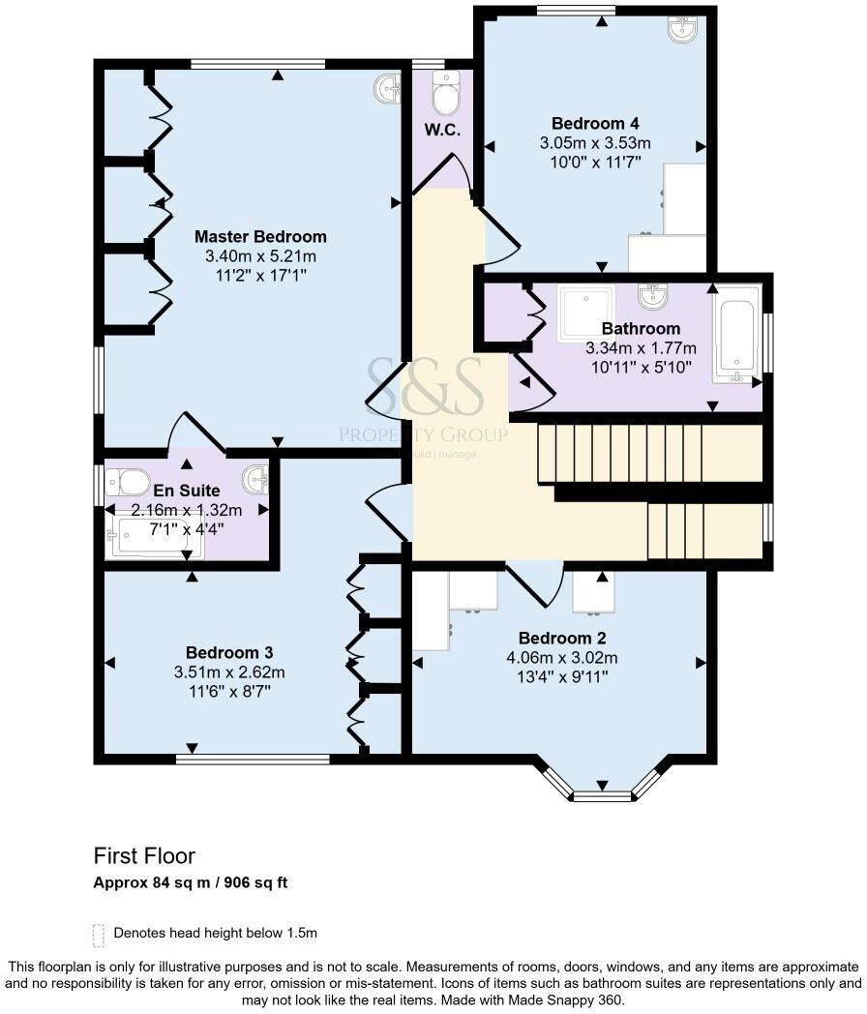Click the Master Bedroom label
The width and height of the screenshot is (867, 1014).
tap(260, 237)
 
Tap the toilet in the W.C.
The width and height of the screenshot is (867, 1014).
tap(445, 93)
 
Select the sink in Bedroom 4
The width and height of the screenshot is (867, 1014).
tap(682, 28)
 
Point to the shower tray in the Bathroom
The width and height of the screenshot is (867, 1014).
tap(586, 313)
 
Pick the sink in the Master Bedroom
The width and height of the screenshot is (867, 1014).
tap(388, 89)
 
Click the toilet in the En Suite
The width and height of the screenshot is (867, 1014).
tap(128, 481)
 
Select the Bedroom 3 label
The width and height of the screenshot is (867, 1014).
tap(229, 652)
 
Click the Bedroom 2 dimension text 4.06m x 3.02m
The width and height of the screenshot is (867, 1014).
tap(562, 658)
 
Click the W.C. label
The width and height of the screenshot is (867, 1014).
tap(443, 130)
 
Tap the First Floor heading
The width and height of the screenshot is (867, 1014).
tap(144, 856)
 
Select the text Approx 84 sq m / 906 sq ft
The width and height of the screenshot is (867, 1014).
tap(191, 882)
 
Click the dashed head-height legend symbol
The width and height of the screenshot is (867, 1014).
tap(99, 935)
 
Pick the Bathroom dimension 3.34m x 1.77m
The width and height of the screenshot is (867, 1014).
tap(642, 348)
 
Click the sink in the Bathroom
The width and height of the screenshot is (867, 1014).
tap(651, 297)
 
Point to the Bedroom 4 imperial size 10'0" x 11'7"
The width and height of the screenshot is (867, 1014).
tap(595, 162)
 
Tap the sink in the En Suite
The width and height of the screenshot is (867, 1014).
tap(255, 479)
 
